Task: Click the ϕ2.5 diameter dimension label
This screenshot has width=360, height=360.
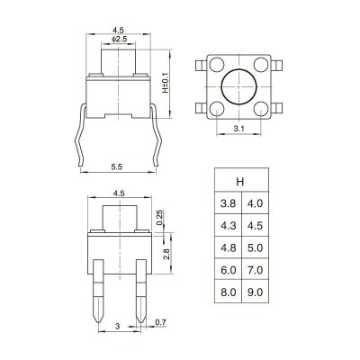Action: click(x=120, y=39)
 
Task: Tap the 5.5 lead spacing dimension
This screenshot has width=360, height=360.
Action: click(x=117, y=167)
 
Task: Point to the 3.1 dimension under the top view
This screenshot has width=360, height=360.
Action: click(x=239, y=129)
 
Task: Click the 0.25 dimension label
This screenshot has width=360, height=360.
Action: click(x=159, y=218)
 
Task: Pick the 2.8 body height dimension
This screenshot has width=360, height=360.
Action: click(x=167, y=254)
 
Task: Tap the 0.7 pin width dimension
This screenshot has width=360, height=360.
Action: click(x=160, y=322)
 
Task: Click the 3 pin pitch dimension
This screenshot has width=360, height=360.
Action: click(x=118, y=326)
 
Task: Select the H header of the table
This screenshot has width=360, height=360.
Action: click(x=240, y=182)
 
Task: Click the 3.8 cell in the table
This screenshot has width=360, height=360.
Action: click(x=228, y=203)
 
